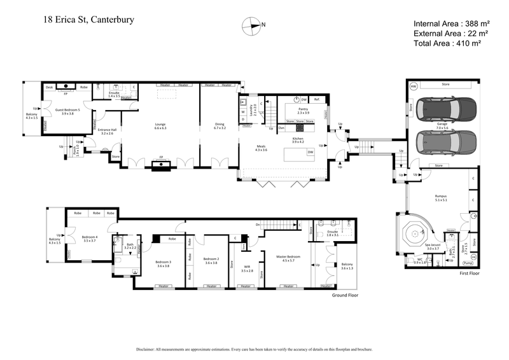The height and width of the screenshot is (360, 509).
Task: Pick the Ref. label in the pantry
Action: (316, 99)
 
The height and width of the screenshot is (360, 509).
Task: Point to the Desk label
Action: (50, 87)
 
